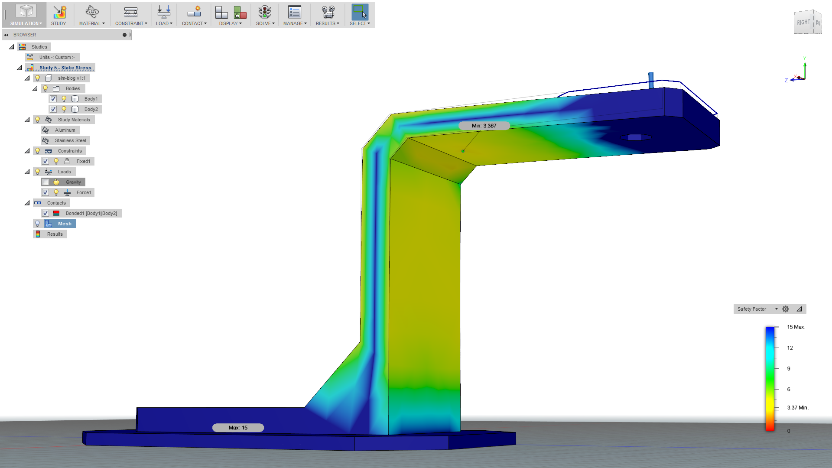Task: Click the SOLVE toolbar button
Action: point(265,15)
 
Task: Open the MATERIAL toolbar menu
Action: point(92,15)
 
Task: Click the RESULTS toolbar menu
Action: point(327,15)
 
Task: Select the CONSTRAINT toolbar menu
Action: point(131,15)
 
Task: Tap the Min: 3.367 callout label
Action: point(484,126)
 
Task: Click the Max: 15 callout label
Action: point(238,428)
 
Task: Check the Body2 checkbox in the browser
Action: point(53,109)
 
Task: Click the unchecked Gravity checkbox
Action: point(45,182)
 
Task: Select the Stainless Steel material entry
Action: point(70,140)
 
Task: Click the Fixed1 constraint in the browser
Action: point(83,161)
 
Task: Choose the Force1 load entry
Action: point(84,192)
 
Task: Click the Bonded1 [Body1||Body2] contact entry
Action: point(91,213)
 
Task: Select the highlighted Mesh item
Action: point(65,224)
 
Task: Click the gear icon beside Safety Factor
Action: point(786,309)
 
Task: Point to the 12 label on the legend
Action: point(790,348)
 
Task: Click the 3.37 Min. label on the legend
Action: point(797,408)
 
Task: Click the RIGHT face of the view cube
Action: point(803,23)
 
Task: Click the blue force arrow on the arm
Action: point(651,80)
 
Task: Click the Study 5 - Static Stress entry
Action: point(65,68)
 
